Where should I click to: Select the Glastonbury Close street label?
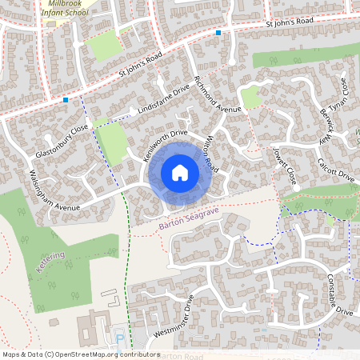click(x=62, y=142)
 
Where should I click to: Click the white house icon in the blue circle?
click(x=179, y=173)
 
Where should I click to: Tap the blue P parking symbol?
click(x=120, y=339)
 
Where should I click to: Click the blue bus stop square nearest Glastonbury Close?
click(x=65, y=100)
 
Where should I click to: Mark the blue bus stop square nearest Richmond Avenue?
click(x=218, y=33)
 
